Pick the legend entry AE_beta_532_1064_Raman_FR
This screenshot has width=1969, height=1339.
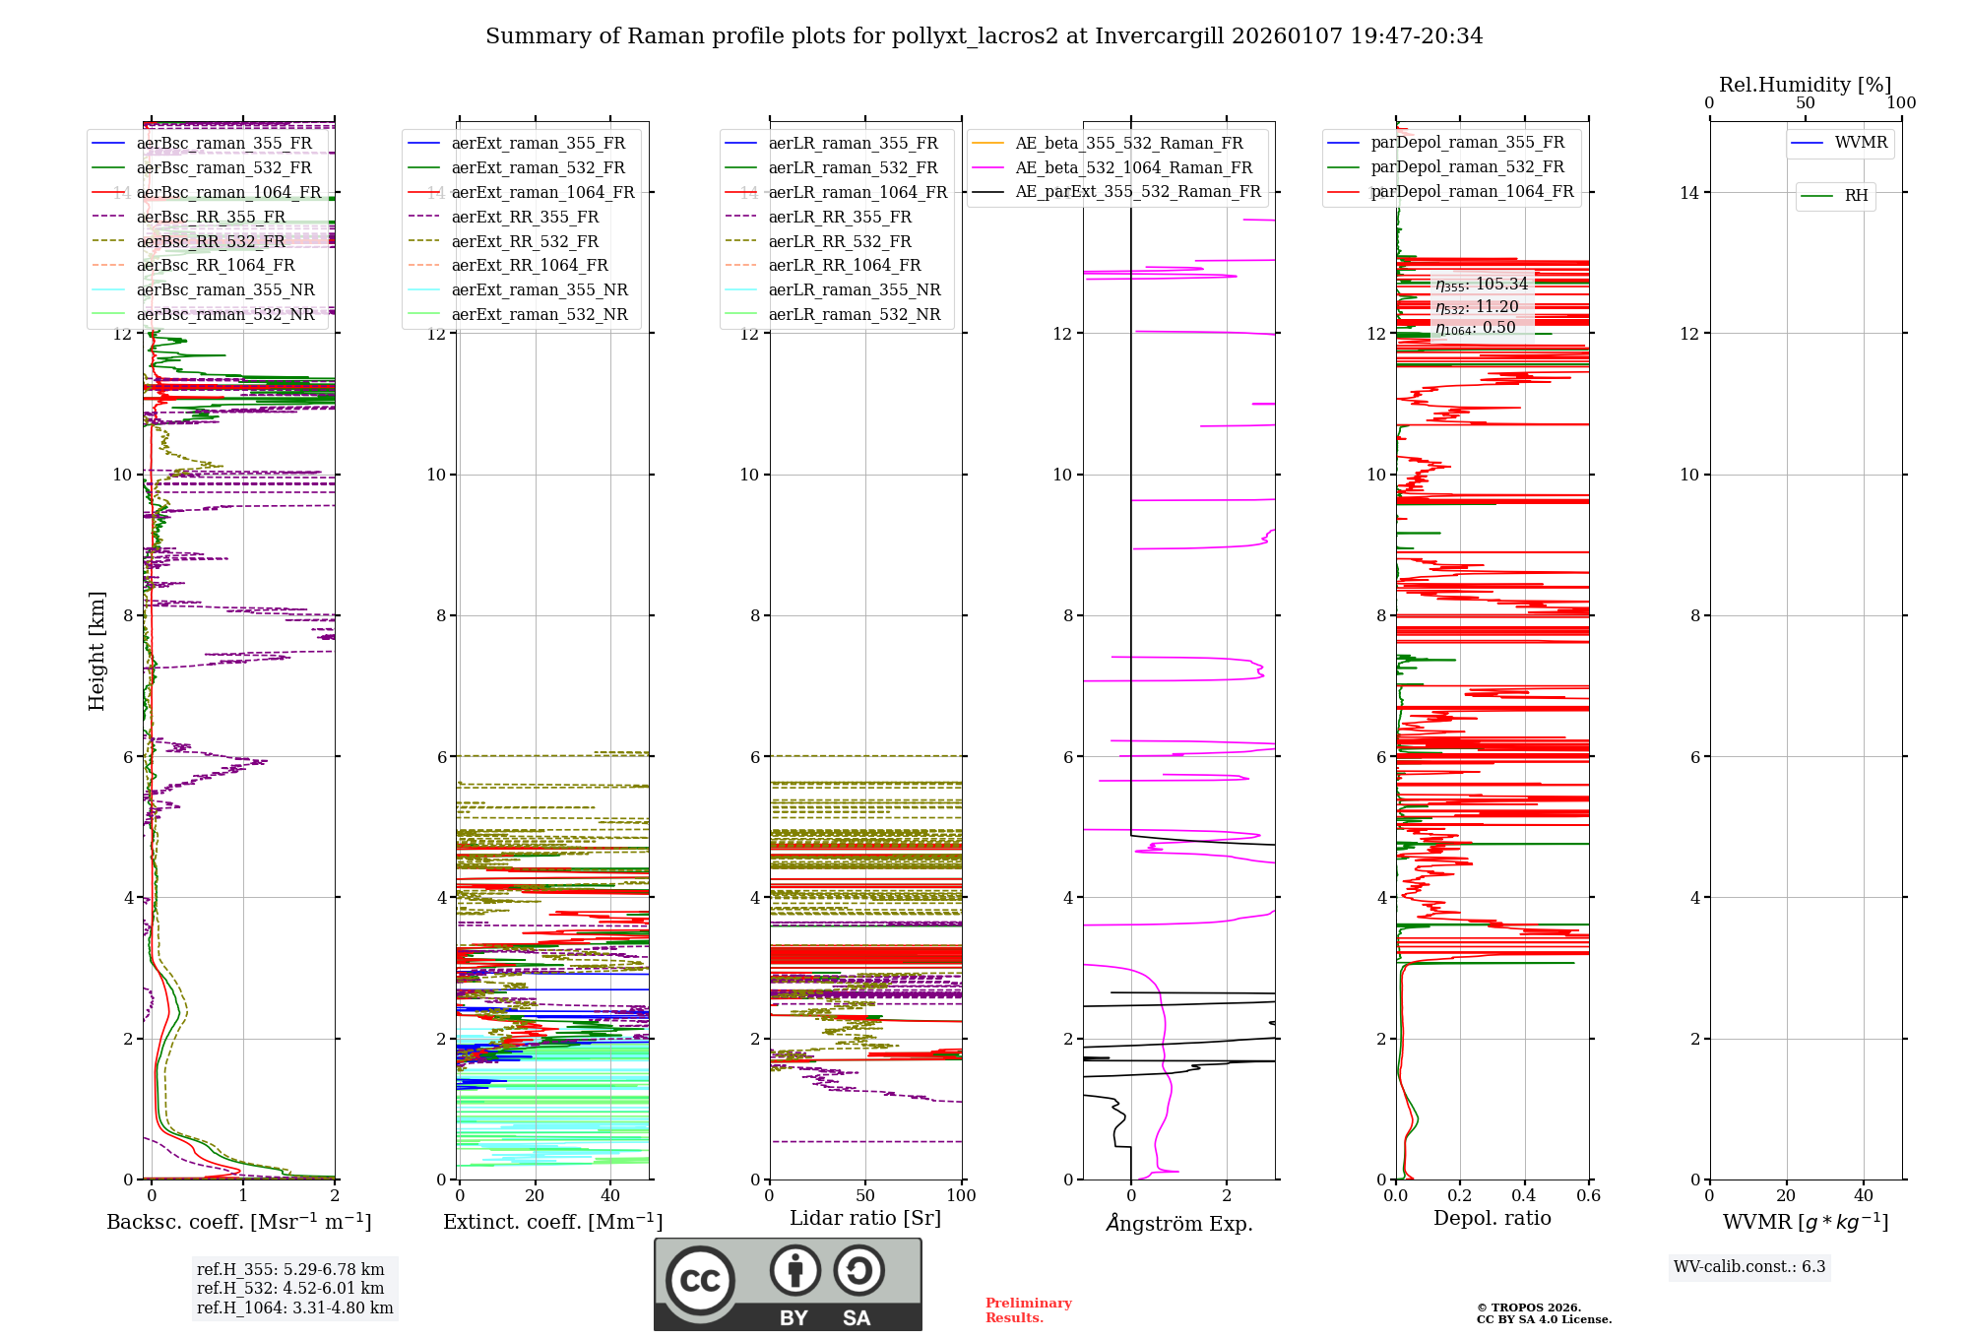click(x=1133, y=168)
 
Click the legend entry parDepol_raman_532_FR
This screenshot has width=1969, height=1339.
click(x=1467, y=167)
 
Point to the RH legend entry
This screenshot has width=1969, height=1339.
click(x=1856, y=196)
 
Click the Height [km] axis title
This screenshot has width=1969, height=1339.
click(x=96, y=651)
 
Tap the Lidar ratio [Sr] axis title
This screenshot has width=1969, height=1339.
click(x=865, y=1219)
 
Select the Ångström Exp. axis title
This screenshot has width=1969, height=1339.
click(x=1178, y=1224)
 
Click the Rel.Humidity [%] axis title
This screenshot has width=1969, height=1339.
click(x=1805, y=85)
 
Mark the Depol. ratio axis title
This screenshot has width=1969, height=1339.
click(x=1492, y=1219)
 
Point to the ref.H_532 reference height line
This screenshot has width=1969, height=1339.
click(x=290, y=1289)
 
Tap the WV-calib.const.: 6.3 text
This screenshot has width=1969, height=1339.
click(x=1749, y=1267)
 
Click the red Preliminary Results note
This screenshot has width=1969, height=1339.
click(x=1028, y=1310)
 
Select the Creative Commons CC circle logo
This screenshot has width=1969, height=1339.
click(x=700, y=1281)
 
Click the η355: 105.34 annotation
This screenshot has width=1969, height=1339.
click(x=1481, y=285)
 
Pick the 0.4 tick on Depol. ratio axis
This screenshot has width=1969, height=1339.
click(x=1524, y=1196)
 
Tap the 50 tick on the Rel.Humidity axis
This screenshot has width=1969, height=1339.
click(x=1806, y=103)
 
